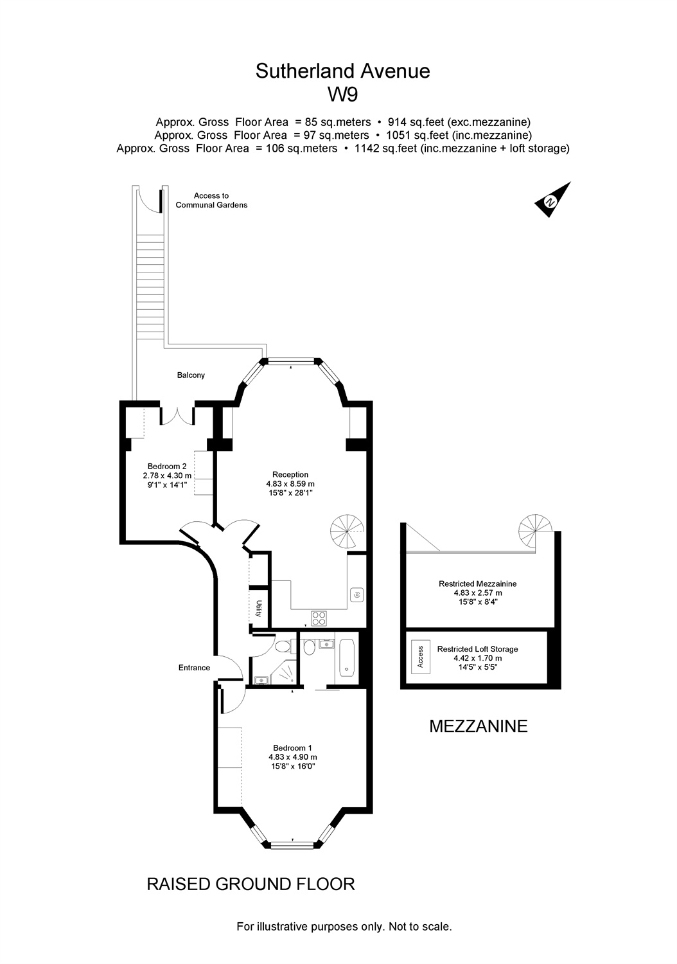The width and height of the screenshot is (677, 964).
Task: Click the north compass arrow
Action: (552, 199)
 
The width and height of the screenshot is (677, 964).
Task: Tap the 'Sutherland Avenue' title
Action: (342, 71)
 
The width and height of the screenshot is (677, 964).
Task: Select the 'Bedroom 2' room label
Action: (167, 467)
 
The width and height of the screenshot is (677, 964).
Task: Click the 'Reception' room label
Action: (290, 475)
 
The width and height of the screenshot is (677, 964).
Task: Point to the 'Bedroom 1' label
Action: (292, 747)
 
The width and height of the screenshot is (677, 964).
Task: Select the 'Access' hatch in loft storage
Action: (421, 657)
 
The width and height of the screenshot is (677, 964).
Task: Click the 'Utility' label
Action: (259, 608)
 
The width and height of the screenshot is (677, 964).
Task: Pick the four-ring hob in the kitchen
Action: (319, 618)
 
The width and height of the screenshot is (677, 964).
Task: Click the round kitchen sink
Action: (356, 595)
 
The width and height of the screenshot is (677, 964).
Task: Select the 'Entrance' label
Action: (194, 668)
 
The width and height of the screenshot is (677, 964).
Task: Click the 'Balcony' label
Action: (191, 375)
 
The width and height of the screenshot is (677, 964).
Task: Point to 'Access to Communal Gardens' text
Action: (211, 201)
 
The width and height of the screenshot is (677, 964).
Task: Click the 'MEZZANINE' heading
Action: (478, 727)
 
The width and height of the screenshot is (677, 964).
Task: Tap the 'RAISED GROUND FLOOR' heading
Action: (251, 884)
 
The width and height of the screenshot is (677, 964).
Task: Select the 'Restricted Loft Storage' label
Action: (477, 649)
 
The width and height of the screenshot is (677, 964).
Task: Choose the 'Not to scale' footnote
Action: (420, 927)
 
